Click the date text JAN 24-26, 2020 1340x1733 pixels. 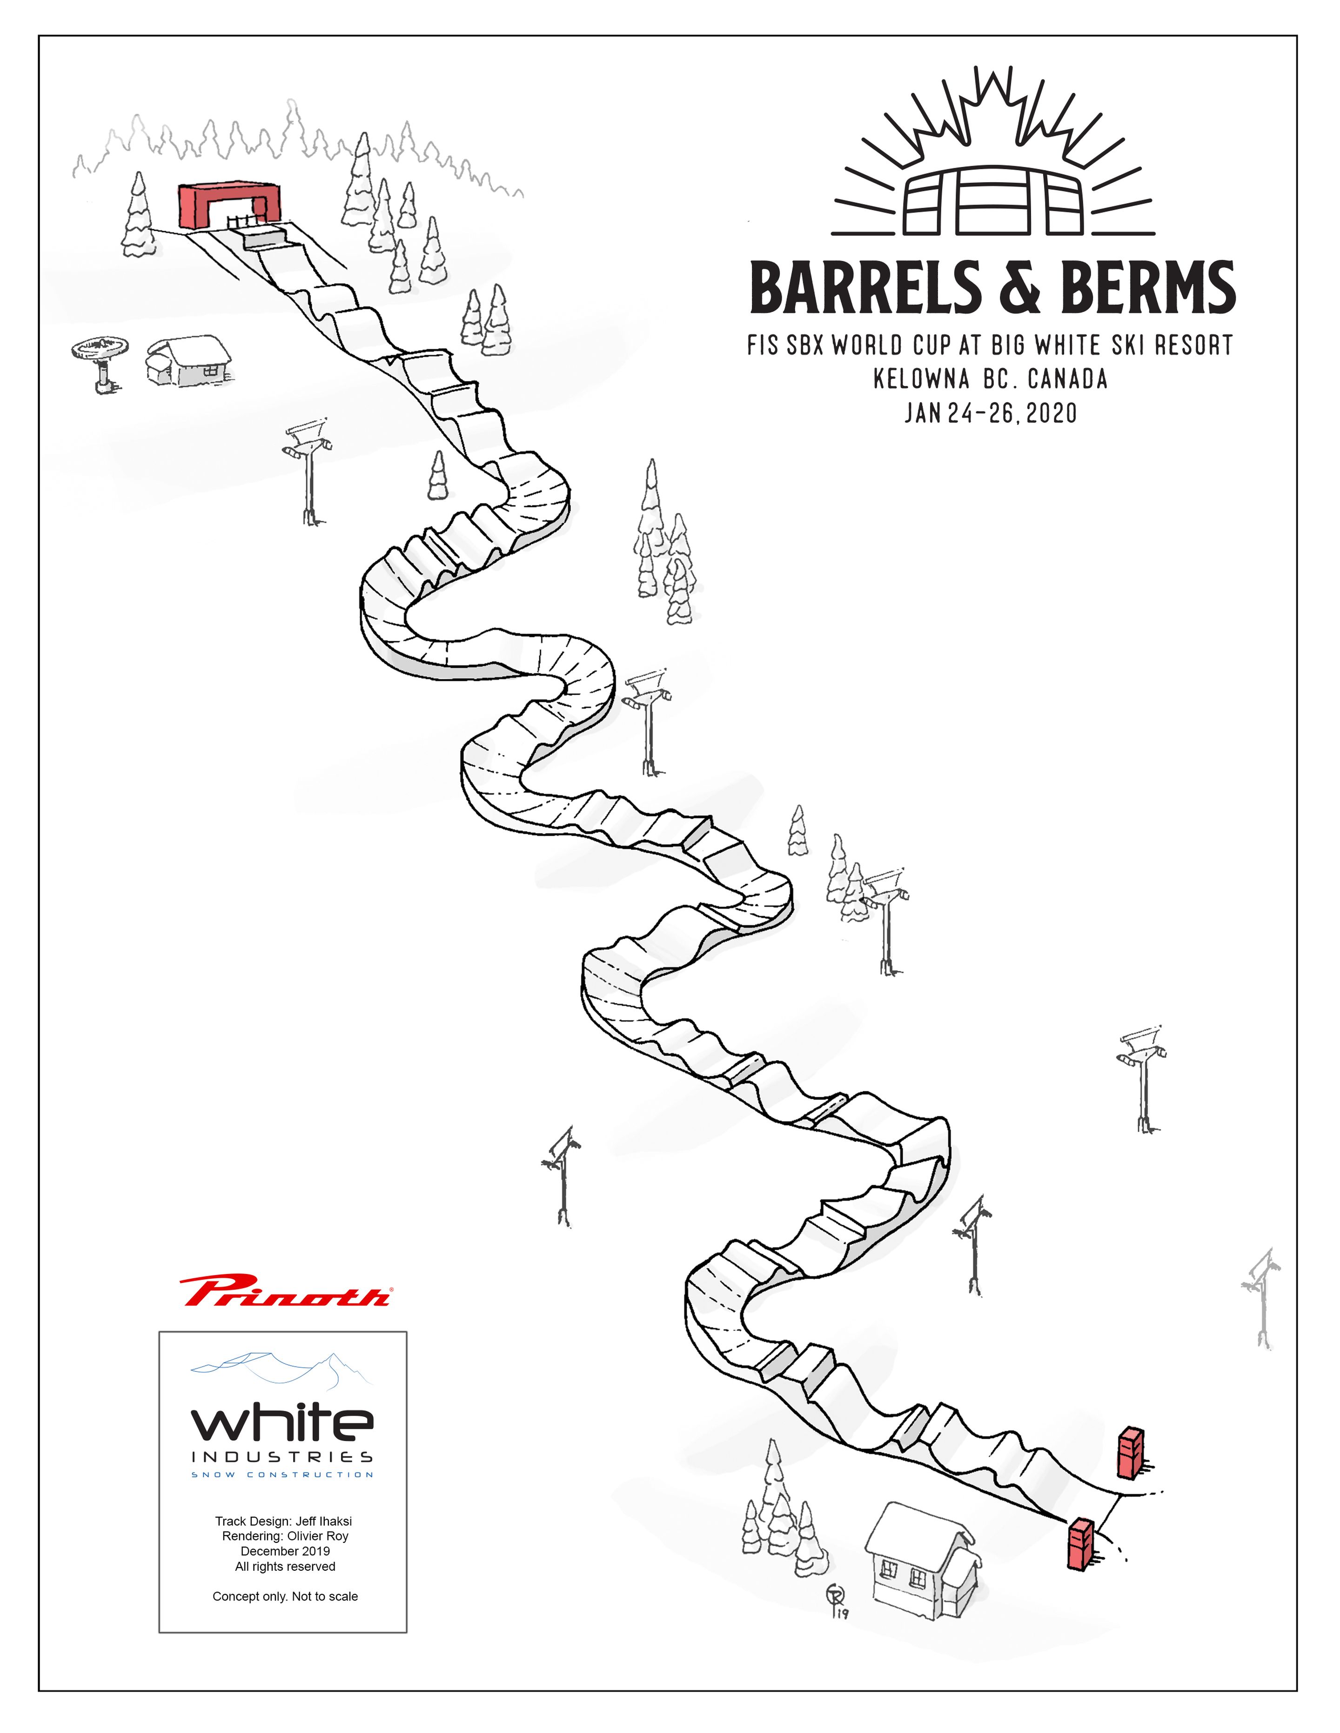(991, 413)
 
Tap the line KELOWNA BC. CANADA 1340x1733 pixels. (990, 379)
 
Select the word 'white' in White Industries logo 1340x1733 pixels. (282, 1423)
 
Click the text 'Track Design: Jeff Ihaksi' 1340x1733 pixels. (283, 1521)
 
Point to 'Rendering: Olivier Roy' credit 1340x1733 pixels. (285, 1536)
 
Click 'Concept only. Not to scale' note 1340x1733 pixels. (285, 1596)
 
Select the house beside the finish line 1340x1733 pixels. (921, 1559)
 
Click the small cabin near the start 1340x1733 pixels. (188, 360)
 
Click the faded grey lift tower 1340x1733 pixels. (1260, 1299)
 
